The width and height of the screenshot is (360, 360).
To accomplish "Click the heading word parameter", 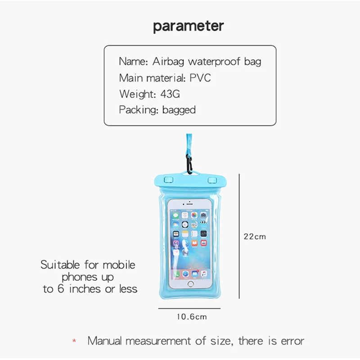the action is [x=188, y=26].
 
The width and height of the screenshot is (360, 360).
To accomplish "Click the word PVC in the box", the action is [x=200, y=78].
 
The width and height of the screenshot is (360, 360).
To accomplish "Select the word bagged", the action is [x=179, y=109].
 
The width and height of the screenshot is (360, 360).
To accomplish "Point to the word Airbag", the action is [x=168, y=62].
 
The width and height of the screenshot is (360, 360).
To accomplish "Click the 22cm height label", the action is [x=255, y=236].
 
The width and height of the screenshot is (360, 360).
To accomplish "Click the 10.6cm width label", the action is [x=191, y=317].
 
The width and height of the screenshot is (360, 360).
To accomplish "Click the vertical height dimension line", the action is [x=239, y=236].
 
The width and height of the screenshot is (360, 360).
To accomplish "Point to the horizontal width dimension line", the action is [x=189, y=309].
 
